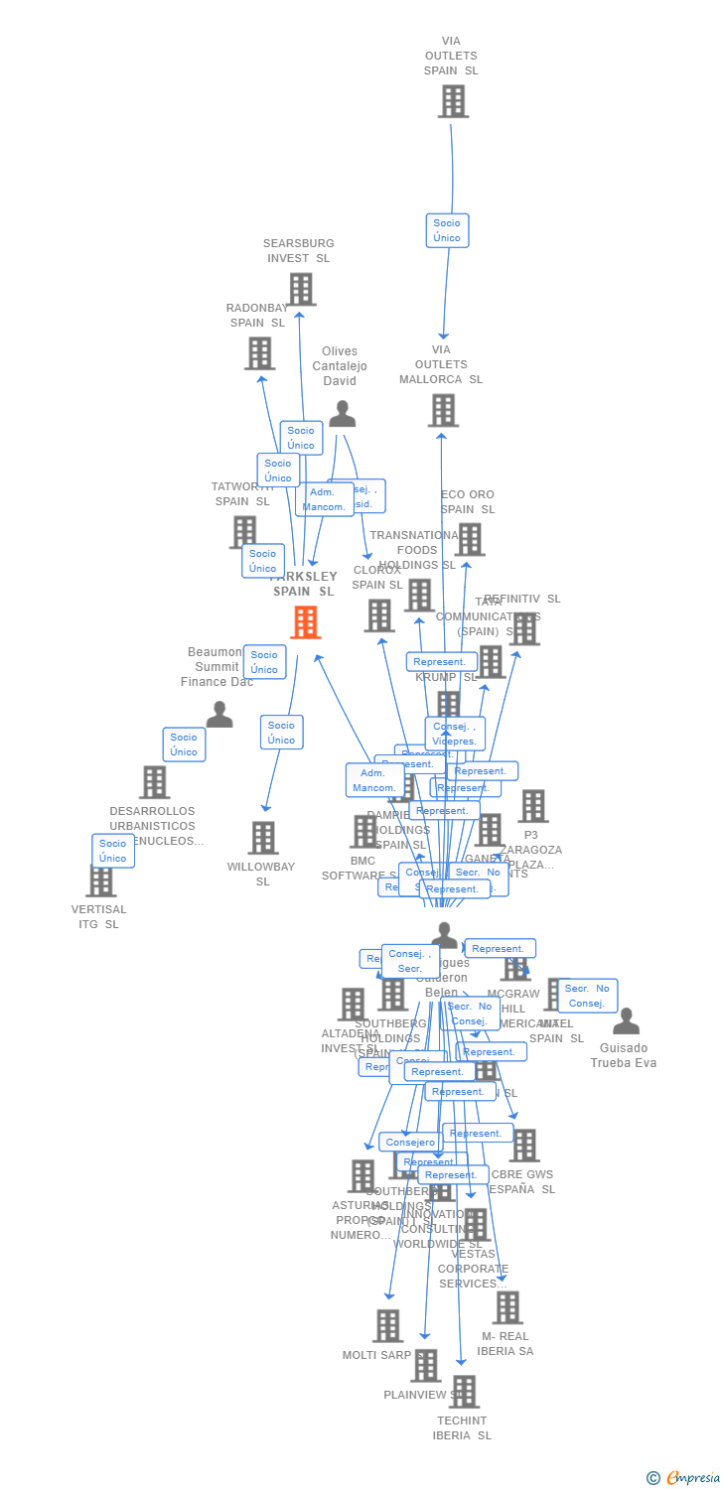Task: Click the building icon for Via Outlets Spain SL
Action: tap(453, 101)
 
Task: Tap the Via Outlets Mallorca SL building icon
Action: tap(443, 410)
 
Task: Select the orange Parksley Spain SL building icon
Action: tap(305, 622)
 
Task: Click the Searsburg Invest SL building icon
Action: tap(301, 289)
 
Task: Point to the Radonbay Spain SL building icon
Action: tap(259, 353)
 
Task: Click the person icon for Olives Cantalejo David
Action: tap(342, 414)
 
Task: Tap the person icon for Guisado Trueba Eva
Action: tap(626, 1021)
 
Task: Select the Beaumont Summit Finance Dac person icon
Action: tap(219, 715)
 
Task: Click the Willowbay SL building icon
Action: tap(262, 838)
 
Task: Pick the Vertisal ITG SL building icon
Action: tap(100, 880)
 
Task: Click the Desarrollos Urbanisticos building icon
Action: tap(154, 782)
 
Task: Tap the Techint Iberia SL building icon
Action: tap(463, 1392)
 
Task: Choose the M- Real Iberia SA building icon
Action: tap(506, 1307)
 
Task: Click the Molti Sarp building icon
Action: tap(387, 1325)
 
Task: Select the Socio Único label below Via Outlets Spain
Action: tap(447, 230)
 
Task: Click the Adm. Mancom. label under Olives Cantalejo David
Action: tap(324, 499)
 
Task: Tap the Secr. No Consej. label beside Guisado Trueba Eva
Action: tap(587, 996)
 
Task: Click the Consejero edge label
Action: tap(410, 1143)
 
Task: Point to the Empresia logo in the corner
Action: tap(683, 1478)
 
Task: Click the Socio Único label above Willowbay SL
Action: tap(281, 733)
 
